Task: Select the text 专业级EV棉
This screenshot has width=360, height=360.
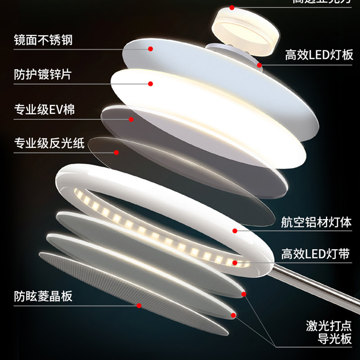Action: tap(44, 110)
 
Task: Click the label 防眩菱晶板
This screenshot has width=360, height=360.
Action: tap(43, 297)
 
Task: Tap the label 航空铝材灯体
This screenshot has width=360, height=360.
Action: tap(316, 223)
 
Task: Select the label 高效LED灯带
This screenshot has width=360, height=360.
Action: tap(316, 254)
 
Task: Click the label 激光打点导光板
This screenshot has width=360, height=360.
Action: tap(329, 332)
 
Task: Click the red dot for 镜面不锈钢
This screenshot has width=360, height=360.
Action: tap(151, 49)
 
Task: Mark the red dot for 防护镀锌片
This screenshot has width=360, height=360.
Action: tap(151, 84)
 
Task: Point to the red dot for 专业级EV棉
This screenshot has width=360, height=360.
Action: tap(131, 119)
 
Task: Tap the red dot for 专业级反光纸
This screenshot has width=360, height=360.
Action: tap(117, 153)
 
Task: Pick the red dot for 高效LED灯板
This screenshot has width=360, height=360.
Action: tap(260, 65)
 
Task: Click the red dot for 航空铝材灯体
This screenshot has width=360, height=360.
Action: tap(235, 231)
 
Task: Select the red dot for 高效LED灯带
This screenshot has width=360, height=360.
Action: tap(235, 262)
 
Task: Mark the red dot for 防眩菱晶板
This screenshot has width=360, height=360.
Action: tap(139, 306)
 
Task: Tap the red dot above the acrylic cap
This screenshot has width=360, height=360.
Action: tap(232, 8)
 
